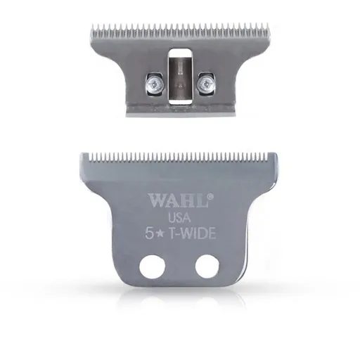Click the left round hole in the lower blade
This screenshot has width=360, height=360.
(151, 267)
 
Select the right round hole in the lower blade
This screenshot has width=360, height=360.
(206, 267)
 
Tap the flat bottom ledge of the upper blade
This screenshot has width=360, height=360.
(179, 111)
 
